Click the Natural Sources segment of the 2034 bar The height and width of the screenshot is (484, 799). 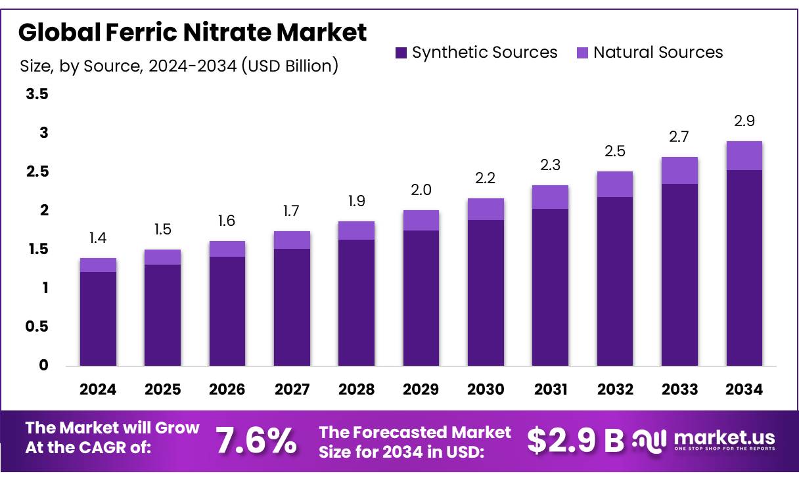(744, 156)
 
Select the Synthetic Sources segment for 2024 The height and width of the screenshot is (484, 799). (98, 319)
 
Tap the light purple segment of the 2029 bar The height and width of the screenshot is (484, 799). (421, 220)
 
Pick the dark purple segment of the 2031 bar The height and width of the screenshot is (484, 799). (551, 287)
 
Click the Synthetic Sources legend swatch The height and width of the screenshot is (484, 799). (401, 53)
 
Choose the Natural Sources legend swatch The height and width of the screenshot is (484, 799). (583, 53)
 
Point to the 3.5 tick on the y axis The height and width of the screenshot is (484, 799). (37, 95)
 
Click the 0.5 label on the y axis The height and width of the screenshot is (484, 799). (37, 326)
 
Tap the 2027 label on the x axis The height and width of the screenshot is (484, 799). (292, 389)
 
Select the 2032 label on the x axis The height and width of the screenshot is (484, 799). (615, 389)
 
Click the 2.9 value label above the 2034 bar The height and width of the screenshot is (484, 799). (744, 121)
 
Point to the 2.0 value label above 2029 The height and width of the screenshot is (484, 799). (421, 190)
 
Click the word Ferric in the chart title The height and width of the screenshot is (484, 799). (153, 32)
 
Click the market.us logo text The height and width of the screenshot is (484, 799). (724, 438)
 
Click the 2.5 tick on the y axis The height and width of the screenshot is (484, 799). (37, 172)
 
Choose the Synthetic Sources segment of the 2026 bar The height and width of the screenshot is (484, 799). (227, 311)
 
